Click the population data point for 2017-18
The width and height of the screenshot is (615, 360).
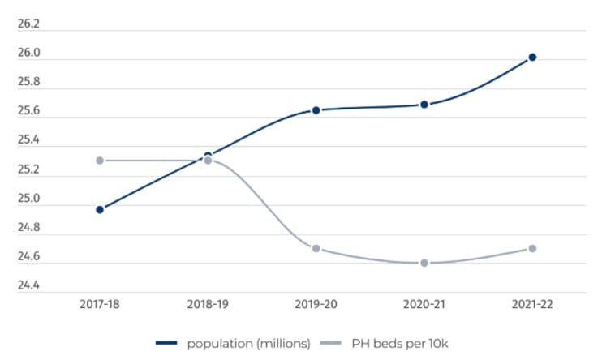[x=100, y=209]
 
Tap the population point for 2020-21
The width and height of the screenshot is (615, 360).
[x=424, y=105]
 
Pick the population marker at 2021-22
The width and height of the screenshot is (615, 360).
[x=532, y=57]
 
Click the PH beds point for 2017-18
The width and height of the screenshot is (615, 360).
[x=100, y=161]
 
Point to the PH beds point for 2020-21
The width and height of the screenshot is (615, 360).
[x=424, y=263]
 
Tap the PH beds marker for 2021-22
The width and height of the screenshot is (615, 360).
[x=532, y=248]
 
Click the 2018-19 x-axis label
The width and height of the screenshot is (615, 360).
[x=208, y=305]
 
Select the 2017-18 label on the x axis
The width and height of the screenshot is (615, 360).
[x=100, y=305]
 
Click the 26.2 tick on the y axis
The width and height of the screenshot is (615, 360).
[x=28, y=24]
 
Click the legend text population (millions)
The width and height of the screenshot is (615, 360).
[x=249, y=344]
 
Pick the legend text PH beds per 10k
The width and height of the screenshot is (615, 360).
[x=398, y=344]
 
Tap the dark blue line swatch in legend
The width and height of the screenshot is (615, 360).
[x=167, y=344]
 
